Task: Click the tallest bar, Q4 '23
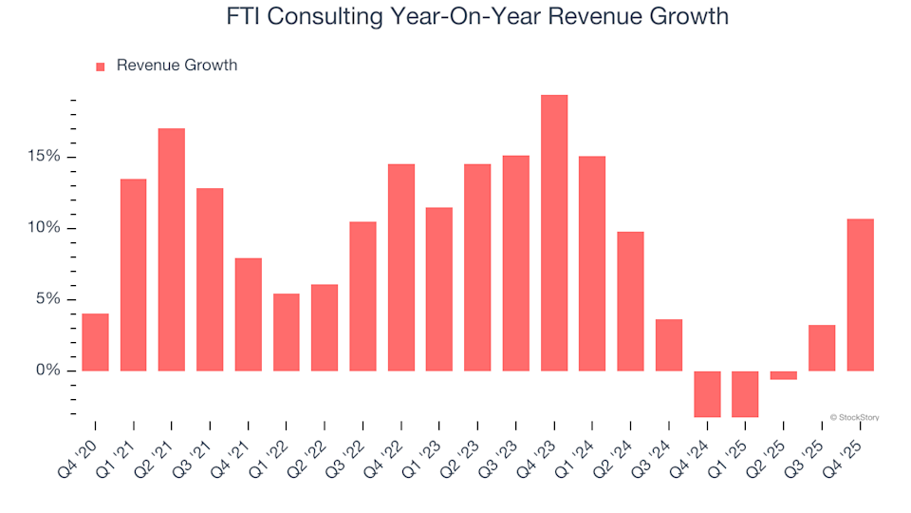click(554, 233)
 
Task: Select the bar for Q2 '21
click(172, 249)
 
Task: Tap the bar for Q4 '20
click(95, 342)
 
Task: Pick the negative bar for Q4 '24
click(707, 393)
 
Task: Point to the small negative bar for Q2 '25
click(784, 375)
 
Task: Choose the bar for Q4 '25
click(860, 294)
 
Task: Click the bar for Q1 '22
click(287, 332)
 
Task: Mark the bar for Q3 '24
click(669, 345)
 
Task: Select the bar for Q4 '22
click(401, 267)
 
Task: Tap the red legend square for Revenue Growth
click(101, 66)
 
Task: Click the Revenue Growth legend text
click(177, 66)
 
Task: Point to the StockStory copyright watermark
click(854, 416)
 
